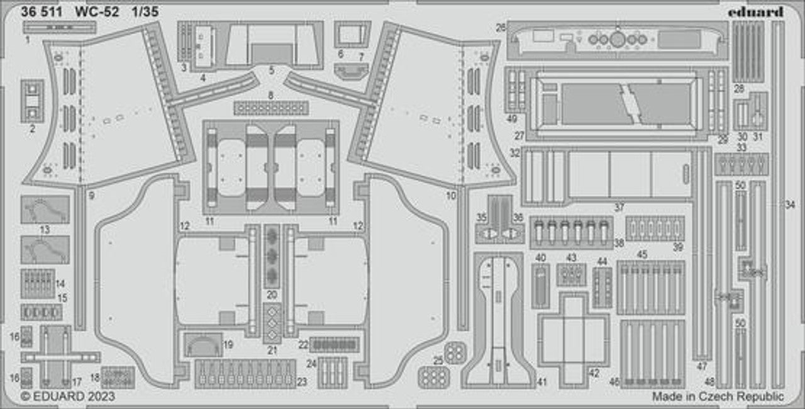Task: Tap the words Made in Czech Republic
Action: pyautogui.click(x=718, y=396)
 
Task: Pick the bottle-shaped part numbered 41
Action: pyautogui.click(x=498, y=321)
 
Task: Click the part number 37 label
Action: pyautogui.click(x=619, y=207)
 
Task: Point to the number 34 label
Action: pyautogui.click(x=790, y=204)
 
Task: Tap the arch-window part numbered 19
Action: pyautogui.click(x=203, y=345)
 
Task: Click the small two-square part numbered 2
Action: pyautogui.click(x=32, y=101)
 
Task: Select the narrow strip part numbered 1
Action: pyautogui.click(x=60, y=27)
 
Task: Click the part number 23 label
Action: pyautogui.click(x=302, y=381)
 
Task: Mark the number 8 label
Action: pyautogui.click(x=270, y=96)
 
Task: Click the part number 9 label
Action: pyautogui.click(x=91, y=196)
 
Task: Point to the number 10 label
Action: pyautogui.click(x=451, y=196)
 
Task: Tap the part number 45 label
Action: pyautogui.click(x=641, y=255)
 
